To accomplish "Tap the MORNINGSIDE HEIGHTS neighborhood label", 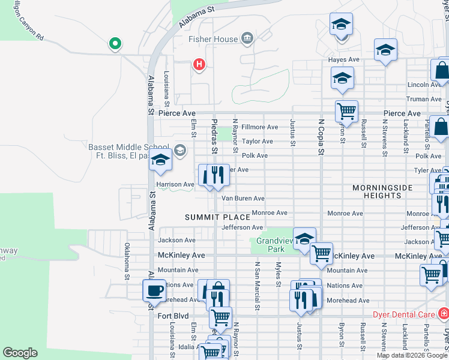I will coord(382,191).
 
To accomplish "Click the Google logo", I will coord(20,353).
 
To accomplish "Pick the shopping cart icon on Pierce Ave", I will coord(346,110).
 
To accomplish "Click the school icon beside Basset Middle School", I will coord(160,159).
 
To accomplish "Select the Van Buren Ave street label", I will coord(243,199).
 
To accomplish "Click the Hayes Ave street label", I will coord(343,60).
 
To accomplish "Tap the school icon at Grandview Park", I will coord(304,238).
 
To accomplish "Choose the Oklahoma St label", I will coord(127,262).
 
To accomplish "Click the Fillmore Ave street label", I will coord(259,127).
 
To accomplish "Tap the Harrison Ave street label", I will coord(175,184).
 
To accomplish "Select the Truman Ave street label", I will coord(424,100).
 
